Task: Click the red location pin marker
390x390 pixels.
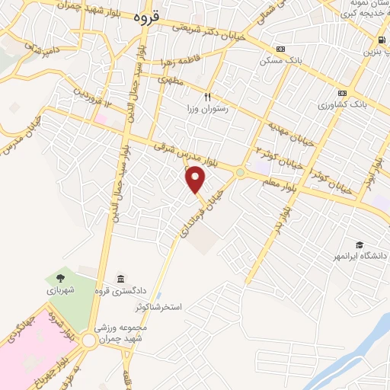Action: pos(197,180)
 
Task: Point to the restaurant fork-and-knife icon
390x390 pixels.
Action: pos(206,97)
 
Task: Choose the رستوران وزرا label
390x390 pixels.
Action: pos(206,109)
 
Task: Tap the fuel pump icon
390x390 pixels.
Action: pos(379,40)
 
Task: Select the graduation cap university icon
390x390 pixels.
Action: pos(358,245)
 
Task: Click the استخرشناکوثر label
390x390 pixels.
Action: pos(160,306)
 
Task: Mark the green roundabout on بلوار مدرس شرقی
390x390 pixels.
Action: pos(241,173)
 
